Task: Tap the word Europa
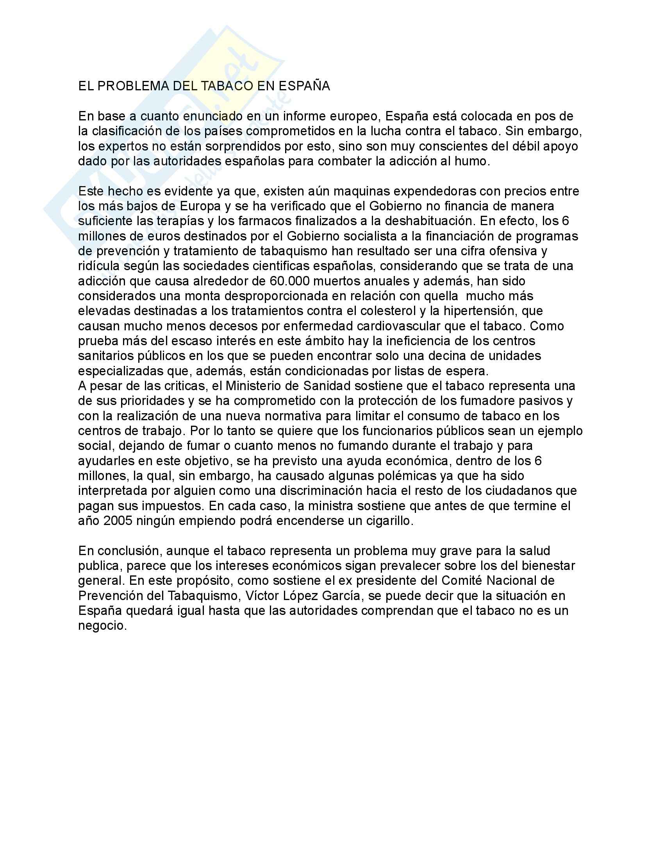coord(201,206)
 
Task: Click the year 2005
coord(118,521)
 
